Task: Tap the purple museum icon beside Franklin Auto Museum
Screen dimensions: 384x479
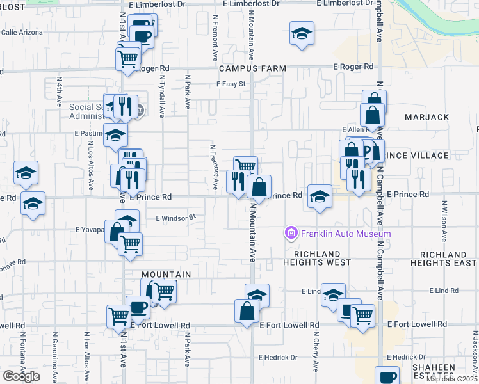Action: pos(292,233)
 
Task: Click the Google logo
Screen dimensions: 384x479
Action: pos(21,376)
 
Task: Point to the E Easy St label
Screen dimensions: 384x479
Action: pos(231,84)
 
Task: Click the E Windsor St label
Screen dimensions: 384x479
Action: pos(175,218)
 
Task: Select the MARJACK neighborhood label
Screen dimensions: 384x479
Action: pos(427,117)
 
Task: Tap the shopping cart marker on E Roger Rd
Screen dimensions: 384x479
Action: pos(128,59)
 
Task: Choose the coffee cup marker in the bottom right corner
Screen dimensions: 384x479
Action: pos(386,378)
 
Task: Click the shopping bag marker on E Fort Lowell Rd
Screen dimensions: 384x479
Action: pos(247,312)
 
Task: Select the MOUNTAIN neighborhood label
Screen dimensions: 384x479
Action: pos(166,275)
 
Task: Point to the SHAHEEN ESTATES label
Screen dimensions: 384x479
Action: pos(451,371)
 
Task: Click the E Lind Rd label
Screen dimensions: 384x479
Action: pos(445,291)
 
